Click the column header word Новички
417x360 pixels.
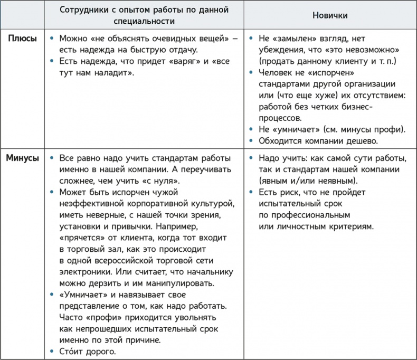(x=330, y=15)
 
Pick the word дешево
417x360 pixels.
(x=364, y=141)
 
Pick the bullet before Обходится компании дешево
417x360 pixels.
(x=251, y=141)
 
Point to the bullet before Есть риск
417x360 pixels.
(x=251, y=192)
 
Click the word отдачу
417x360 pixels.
(x=179, y=50)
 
